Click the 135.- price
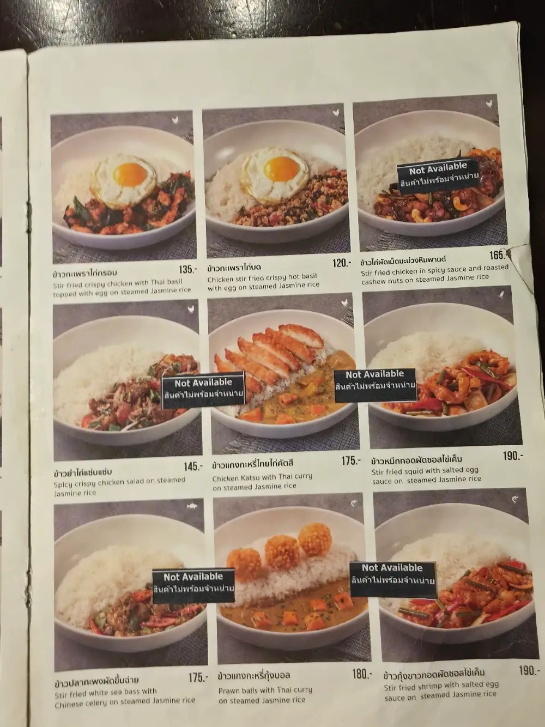[x=187, y=270]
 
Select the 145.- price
[x=193, y=467]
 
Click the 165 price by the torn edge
[x=498, y=256]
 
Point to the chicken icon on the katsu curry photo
[x=344, y=302]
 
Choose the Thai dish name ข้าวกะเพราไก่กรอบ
[x=85, y=273]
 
